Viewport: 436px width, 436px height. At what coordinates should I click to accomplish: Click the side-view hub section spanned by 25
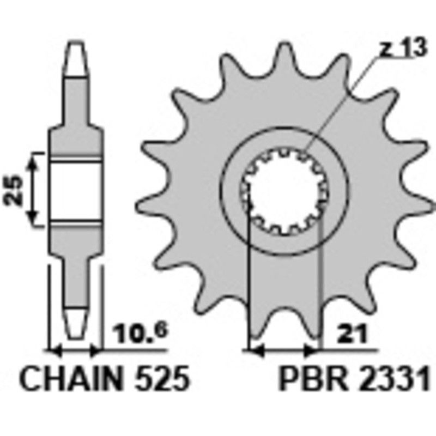click(76, 189)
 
